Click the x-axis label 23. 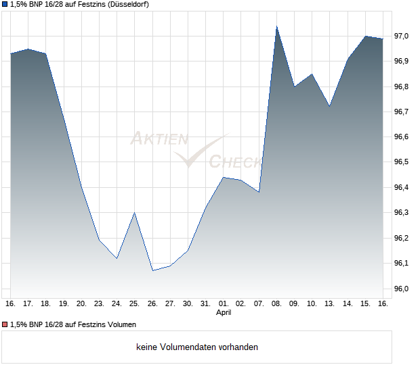(99, 303)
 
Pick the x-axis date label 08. (276, 303)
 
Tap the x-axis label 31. (206, 303)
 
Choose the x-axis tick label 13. (330, 303)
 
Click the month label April (224, 313)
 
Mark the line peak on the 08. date (276, 26)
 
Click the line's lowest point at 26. (152, 270)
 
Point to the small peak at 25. (135, 213)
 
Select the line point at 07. (259, 192)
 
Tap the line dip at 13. (330, 106)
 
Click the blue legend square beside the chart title (5, 5)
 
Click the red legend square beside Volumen (5, 324)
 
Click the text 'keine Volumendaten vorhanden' (197, 347)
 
